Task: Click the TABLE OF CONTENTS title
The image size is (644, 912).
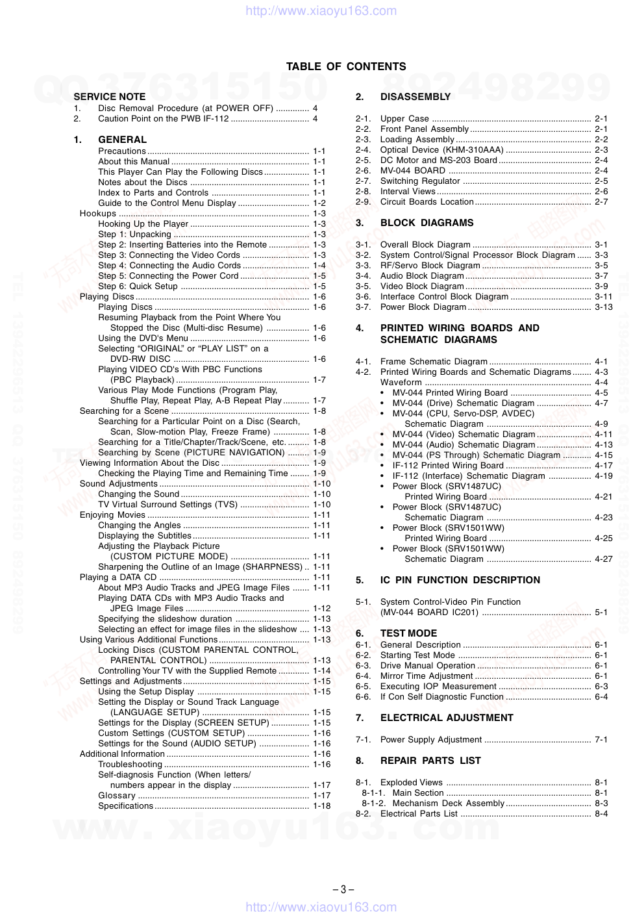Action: click(346, 66)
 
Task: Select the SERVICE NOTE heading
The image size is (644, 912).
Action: click(110, 97)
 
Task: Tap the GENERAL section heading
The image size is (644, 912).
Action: click(122, 140)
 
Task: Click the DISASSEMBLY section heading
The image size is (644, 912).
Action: click(415, 97)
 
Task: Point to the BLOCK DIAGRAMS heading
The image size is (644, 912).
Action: click(427, 223)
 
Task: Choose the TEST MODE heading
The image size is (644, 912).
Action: click(408, 633)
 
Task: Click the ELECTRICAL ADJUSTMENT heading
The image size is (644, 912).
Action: click(447, 718)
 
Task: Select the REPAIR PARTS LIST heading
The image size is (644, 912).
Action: click(430, 761)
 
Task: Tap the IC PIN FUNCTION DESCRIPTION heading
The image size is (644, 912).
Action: click(460, 580)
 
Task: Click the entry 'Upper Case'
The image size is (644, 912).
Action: click(404, 119)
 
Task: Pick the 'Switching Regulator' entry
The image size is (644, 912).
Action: click(420, 181)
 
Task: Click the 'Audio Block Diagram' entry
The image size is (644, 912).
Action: click(422, 276)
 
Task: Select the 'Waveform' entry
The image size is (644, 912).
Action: click(401, 383)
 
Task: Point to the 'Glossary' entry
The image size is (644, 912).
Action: click(117, 796)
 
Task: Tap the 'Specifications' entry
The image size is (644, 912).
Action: click(125, 806)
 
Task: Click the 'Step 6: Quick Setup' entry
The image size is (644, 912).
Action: click(138, 286)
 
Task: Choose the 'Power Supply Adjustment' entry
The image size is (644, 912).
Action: click(431, 740)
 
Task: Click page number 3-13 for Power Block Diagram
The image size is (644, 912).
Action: click(604, 307)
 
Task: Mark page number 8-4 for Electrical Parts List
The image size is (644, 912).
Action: click(602, 814)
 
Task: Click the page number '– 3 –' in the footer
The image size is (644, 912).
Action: click(343, 890)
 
